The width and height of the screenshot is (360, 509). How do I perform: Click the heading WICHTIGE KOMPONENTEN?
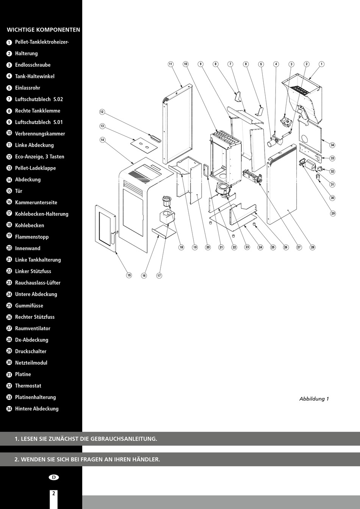coord(43,30)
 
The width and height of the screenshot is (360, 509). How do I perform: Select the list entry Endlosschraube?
coord(33,65)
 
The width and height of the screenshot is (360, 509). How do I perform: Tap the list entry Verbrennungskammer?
coord(40,133)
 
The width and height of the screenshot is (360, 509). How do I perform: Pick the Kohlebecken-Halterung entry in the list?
coord(42,214)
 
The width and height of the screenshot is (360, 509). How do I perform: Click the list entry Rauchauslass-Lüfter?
coord(38,283)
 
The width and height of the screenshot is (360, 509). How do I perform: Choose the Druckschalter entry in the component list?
coord(31,351)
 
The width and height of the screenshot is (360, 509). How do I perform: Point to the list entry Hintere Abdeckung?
coord(37,409)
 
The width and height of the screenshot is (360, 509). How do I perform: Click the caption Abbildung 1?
coord(314,399)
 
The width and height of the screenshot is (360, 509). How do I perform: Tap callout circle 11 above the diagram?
coord(171,64)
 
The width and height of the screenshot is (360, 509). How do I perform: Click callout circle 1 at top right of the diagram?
coord(321,64)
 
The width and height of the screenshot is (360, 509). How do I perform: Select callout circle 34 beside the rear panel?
coord(332,145)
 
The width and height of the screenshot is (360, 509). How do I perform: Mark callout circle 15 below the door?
coord(129,275)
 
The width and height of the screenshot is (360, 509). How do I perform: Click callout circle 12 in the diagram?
coord(102,112)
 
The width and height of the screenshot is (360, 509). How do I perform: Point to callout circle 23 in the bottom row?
coord(247,247)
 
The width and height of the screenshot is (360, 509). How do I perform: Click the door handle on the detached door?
coord(114,236)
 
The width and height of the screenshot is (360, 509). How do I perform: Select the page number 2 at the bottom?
coord(53,493)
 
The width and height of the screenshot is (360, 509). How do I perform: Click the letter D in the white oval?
coord(54,477)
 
